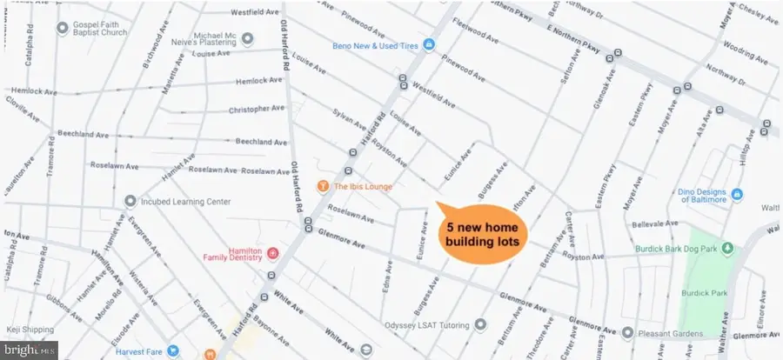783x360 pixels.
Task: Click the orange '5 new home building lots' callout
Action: pyautogui.click(x=480, y=230)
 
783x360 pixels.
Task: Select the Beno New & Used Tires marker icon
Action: pyautogui.click(x=430, y=46)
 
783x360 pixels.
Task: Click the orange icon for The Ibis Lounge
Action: pyautogui.click(x=323, y=186)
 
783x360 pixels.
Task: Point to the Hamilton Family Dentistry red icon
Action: pyautogui.click(x=272, y=252)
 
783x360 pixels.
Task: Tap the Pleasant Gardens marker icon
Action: pyautogui.click(x=628, y=332)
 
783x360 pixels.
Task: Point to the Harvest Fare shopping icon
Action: pyautogui.click(x=173, y=351)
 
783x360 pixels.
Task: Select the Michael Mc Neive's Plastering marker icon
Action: pyautogui.click(x=247, y=38)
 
